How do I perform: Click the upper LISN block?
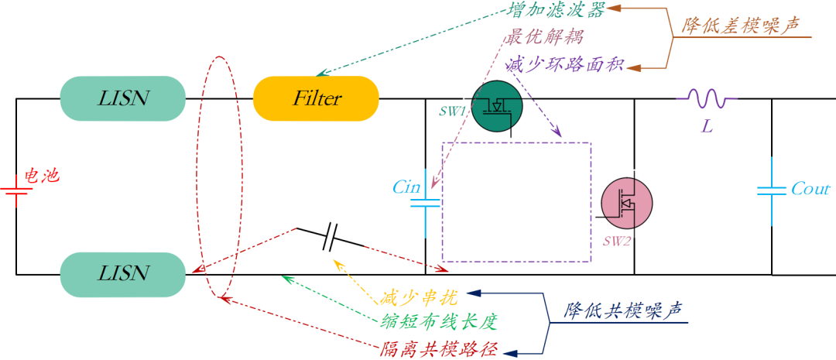(x=123, y=98)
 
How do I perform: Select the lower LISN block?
(x=123, y=273)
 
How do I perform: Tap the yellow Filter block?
(x=317, y=98)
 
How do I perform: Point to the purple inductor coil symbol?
(x=706, y=98)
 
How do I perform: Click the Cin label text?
(x=406, y=187)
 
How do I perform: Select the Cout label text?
(x=810, y=189)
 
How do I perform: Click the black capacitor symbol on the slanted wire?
(x=330, y=237)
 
